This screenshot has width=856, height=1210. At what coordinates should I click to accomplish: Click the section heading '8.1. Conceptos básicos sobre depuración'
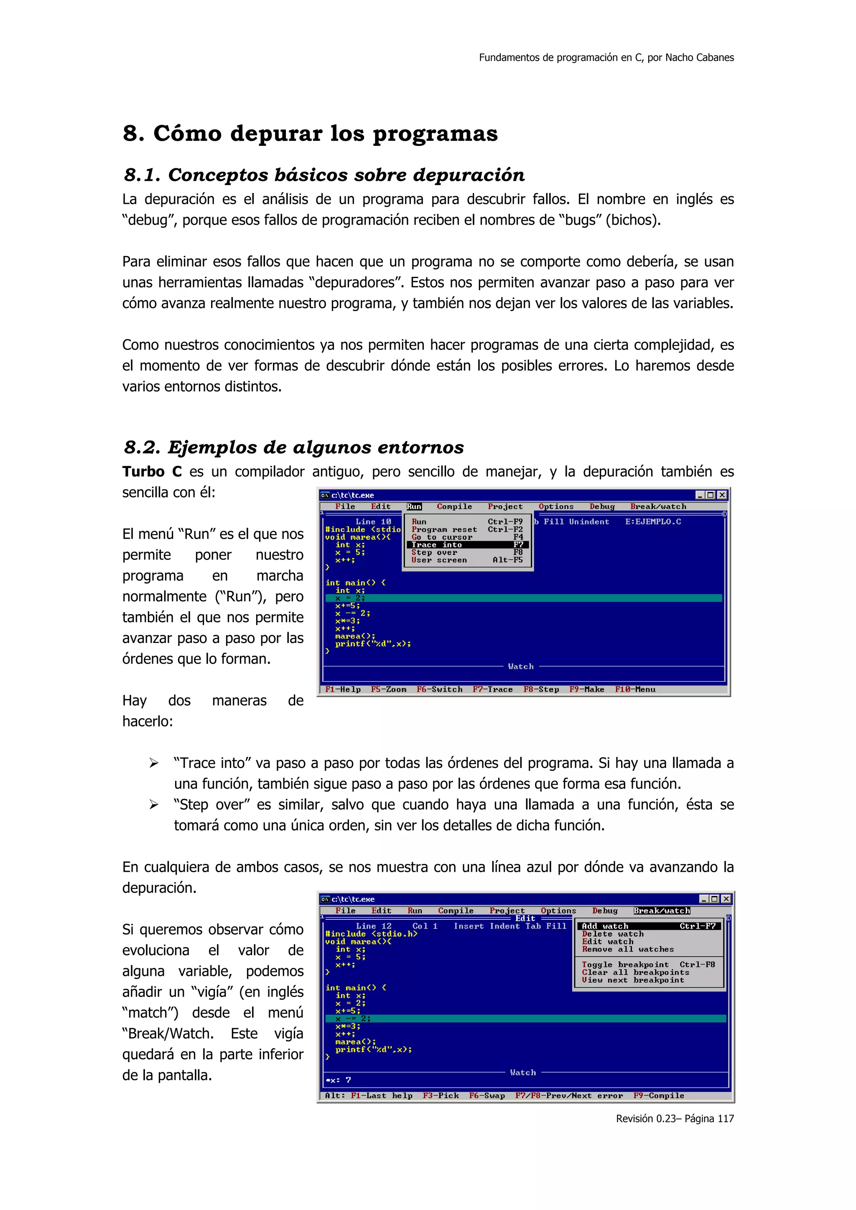[324, 175]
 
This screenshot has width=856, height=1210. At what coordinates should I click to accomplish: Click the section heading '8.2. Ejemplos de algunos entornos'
[293, 448]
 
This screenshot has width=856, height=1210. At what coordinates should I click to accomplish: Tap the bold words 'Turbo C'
[152, 472]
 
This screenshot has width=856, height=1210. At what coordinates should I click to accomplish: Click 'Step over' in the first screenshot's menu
[434, 553]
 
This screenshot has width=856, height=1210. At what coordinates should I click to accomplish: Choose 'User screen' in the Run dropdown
[439, 560]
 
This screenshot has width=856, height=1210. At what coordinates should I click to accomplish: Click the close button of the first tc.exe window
[722, 495]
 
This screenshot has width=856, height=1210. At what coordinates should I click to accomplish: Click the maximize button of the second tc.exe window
[714, 899]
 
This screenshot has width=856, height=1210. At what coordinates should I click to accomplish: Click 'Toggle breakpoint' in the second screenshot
[625, 965]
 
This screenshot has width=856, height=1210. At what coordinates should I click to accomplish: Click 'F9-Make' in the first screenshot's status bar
[586, 689]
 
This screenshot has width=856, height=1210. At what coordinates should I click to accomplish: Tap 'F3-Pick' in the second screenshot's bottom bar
[441, 1096]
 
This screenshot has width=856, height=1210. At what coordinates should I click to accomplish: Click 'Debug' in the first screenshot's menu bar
[602, 506]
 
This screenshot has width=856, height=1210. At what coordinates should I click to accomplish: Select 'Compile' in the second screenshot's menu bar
[456, 911]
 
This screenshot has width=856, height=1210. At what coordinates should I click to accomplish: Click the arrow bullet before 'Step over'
[153, 805]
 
